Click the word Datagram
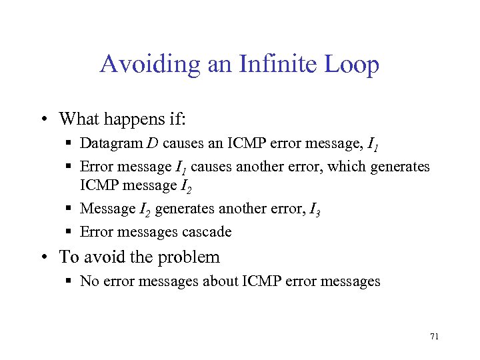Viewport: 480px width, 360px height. [x=107, y=143]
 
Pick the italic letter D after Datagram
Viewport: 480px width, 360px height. [x=141, y=143]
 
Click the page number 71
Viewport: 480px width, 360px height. [x=434, y=337]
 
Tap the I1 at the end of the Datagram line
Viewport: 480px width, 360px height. [x=373, y=145]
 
